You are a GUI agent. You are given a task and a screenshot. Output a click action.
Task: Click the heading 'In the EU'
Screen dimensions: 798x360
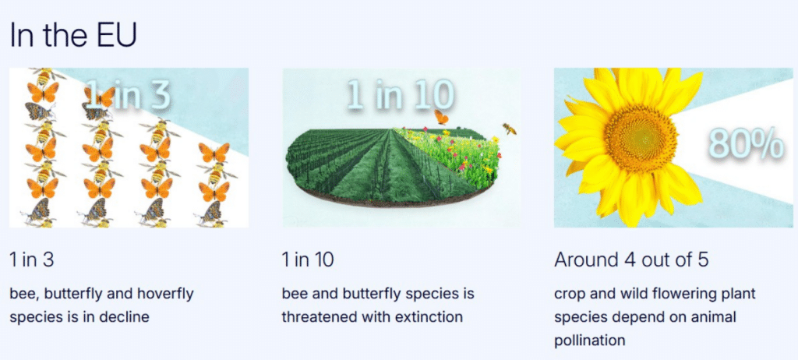(73, 36)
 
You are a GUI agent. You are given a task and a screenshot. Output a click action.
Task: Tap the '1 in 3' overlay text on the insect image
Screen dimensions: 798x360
(127, 94)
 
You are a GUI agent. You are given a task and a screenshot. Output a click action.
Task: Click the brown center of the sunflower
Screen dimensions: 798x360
(641, 138)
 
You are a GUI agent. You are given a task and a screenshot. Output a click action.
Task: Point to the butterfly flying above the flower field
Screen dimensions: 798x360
(441, 118)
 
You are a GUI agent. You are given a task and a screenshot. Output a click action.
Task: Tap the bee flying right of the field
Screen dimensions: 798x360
(509, 129)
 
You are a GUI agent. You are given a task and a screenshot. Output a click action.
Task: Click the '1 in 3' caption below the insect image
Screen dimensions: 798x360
(31, 259)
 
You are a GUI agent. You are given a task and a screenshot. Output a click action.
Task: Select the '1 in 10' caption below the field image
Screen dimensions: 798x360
(308, 259)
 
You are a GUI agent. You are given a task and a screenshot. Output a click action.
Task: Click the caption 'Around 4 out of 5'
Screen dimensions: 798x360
(631, 259)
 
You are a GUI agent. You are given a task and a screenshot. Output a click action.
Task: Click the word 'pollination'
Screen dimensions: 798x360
(589, 341)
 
